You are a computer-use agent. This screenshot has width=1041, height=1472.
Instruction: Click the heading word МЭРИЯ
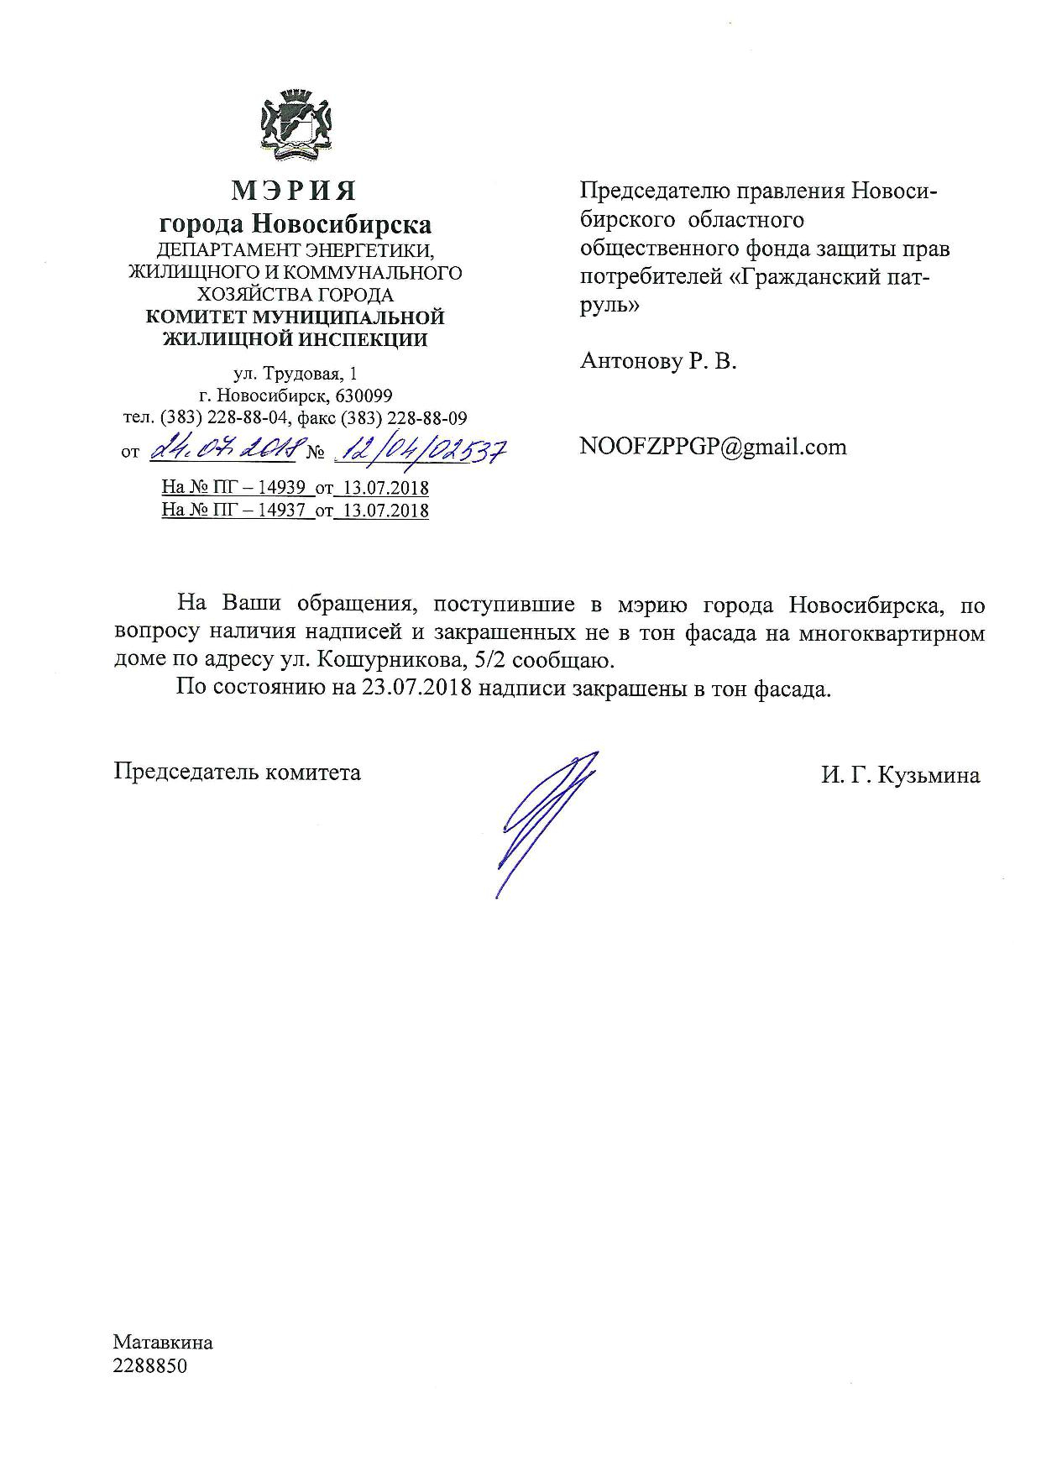point(295,192)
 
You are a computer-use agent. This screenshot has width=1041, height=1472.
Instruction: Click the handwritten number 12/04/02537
point(422,451)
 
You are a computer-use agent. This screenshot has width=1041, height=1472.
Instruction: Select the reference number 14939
point(280,488)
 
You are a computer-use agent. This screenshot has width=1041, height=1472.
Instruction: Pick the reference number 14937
point(280,510)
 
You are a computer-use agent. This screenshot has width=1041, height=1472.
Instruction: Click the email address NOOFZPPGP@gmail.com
point(713,447)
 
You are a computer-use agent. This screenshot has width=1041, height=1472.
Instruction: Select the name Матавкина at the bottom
point(164,1342)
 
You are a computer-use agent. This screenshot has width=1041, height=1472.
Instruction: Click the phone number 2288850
point(150,1366)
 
